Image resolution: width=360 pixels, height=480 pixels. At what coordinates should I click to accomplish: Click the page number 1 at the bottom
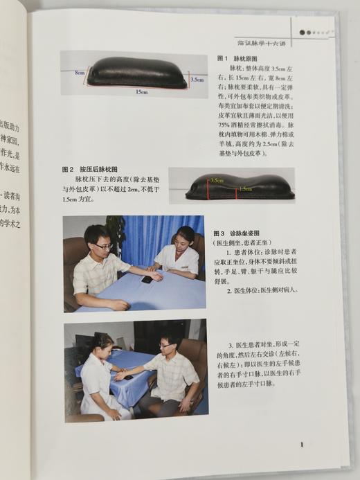[302, 446]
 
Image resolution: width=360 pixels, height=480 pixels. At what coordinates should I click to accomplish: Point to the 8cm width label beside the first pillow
[80, 72]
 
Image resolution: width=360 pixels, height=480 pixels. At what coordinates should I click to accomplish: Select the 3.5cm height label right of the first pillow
[197, 80]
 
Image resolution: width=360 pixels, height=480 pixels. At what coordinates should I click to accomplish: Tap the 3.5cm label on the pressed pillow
[217, 180]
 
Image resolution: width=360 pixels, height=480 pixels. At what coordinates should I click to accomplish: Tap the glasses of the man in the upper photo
[102, 245]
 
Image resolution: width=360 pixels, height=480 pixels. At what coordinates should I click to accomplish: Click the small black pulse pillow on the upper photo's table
[147, 280]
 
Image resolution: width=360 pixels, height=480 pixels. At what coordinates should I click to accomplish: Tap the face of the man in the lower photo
[168, 344]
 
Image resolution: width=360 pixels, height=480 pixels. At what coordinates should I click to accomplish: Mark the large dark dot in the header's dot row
[303, 33]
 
